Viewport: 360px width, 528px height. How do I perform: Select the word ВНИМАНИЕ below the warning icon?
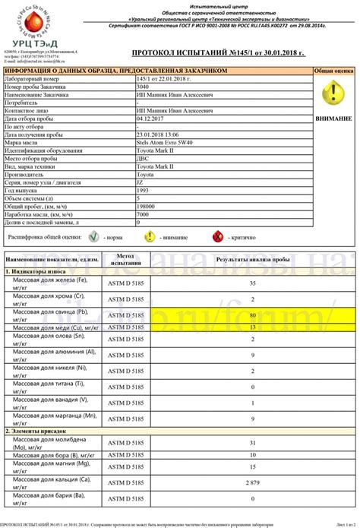coord(333,119)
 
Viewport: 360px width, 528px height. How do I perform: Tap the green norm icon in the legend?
coord(94,237)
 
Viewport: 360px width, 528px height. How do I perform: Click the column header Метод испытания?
coord(125,261)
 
